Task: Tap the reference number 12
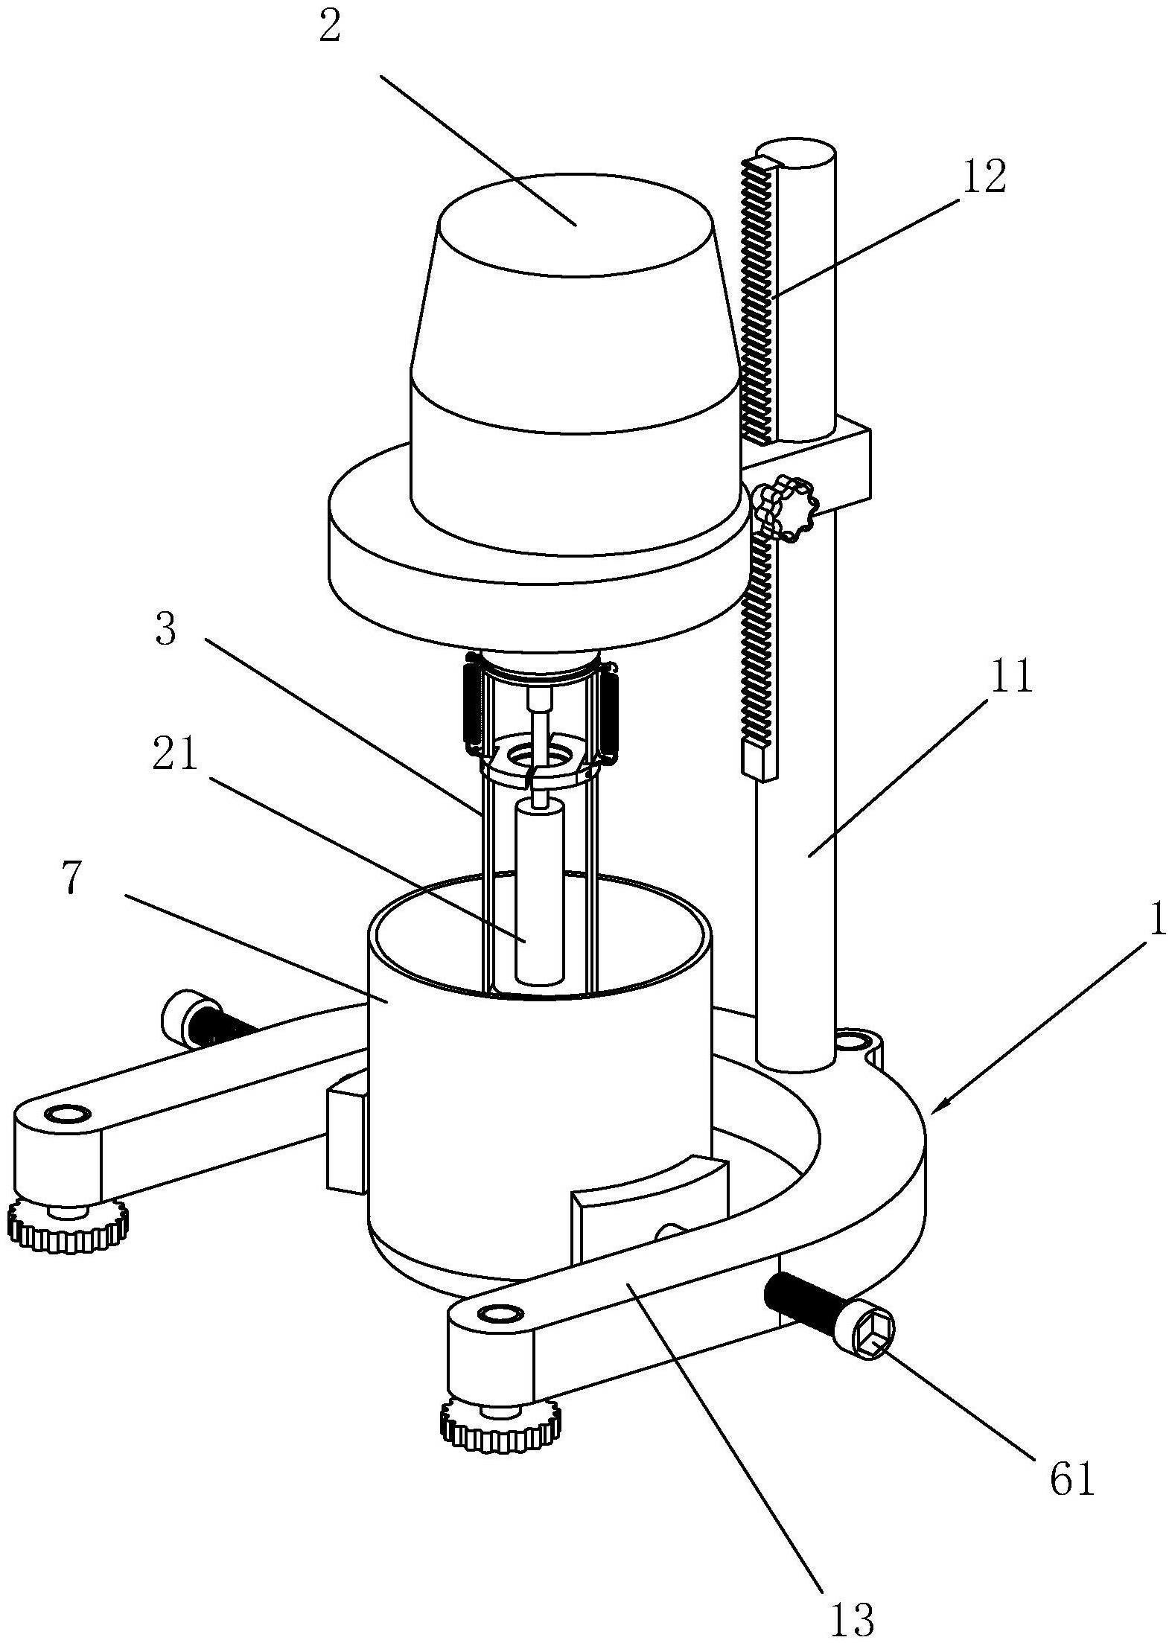pyautogui.click(x=984, y=177)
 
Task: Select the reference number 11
pyautogui.click(x=1009, y=676)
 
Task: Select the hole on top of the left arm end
pyautogui.click(x=67, y=1114)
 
